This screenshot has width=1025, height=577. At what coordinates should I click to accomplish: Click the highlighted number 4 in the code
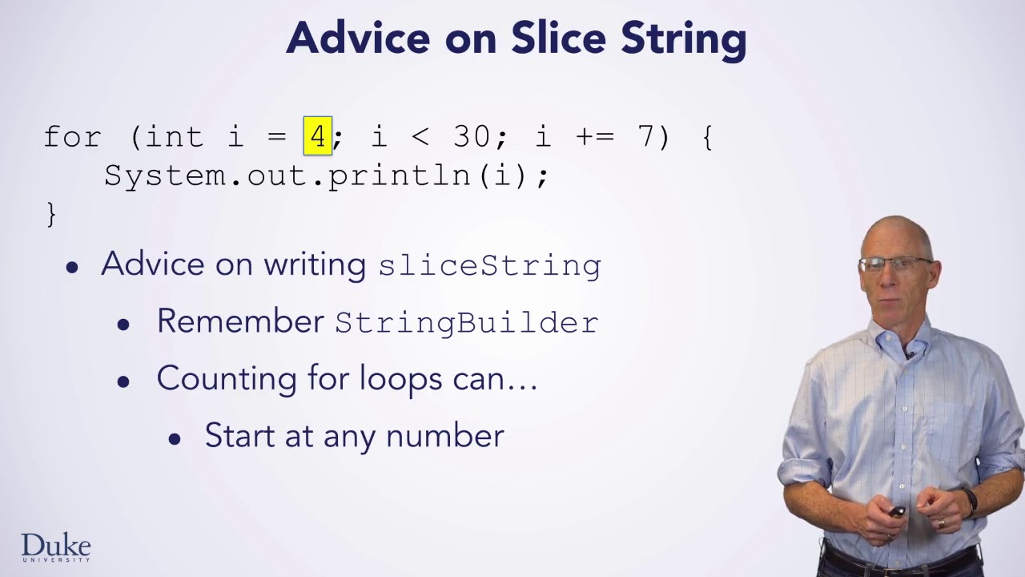[x=318, y=136]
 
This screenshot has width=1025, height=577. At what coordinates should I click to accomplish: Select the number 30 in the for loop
[x=471, y=137]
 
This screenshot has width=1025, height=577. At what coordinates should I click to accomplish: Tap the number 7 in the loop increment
[x=645, y=137]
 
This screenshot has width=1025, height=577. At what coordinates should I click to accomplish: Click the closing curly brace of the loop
[x=51, y=214]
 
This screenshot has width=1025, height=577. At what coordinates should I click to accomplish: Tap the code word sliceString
[x=489, y=265]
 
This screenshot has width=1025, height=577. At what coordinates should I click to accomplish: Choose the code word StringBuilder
[x=466, y=322]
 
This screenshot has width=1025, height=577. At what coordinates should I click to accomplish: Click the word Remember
[x=239, y=321]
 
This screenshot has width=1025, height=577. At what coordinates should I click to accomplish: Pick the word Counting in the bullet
[x=227, y=379]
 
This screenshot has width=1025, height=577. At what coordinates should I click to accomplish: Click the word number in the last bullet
[x=444, y=436]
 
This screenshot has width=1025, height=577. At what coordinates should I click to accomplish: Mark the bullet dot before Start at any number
[x=175, y=438]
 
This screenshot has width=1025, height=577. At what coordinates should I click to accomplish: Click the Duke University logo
[x=55, y=548]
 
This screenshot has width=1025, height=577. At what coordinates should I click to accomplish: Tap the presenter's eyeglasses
[x=894, y=264]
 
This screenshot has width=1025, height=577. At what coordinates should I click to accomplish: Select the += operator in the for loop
[x=594, y=137]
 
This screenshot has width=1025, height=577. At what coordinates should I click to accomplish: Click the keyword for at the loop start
[x=73, y=137]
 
